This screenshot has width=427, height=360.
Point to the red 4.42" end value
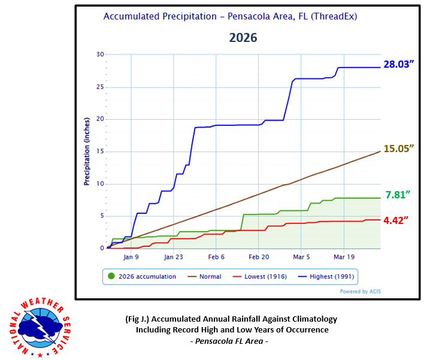(396, 220)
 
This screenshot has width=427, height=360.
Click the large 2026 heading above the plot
(243, 38)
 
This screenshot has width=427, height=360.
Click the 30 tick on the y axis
(100, 55)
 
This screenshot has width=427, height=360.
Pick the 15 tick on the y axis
(100, 152)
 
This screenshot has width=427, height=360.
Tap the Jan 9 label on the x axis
(131, 256)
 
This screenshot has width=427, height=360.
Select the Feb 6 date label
(216, 256)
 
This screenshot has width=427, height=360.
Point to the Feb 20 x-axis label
(258, 256)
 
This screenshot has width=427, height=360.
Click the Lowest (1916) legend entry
(262, 277)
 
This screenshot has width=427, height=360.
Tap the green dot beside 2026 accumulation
(112, 277)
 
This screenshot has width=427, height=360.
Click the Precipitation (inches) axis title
(86, 152)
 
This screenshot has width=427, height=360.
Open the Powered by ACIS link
(361, 292)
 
